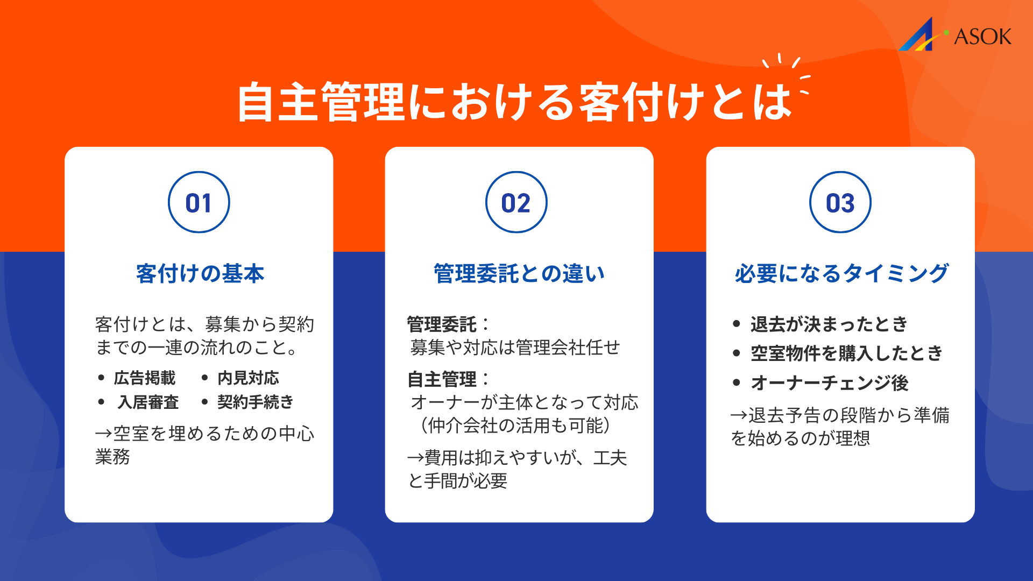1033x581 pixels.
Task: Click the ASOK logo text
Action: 982,37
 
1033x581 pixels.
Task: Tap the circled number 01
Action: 199,203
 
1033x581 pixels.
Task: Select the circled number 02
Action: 516,203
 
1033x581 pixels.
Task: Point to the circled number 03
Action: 840,203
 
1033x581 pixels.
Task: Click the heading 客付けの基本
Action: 200,274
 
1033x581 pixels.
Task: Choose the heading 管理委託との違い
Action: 519,274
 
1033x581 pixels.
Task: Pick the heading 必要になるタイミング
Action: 841,274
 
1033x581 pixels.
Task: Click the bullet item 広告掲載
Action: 144,378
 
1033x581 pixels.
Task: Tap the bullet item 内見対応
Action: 248,378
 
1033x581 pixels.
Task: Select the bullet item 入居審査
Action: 148,402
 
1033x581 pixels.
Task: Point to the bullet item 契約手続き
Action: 255,402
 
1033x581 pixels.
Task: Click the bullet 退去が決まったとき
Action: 829,324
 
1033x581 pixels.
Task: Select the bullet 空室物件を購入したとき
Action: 846,353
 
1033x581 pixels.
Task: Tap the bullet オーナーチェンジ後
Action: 829,383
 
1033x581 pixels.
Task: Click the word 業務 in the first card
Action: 112,457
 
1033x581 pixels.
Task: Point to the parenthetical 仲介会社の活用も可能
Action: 515,426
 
